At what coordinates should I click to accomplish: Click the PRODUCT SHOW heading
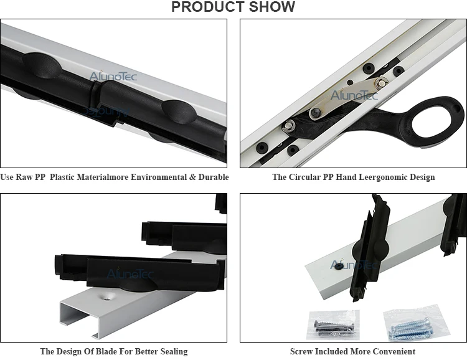(x=233, y=7)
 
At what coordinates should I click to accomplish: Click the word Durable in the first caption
(x=214, y=177)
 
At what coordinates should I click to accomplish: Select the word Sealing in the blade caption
(x=174, y=352)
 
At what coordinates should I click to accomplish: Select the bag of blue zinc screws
(x=415, y=323)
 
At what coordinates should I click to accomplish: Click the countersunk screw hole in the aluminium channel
(x=106, y=296)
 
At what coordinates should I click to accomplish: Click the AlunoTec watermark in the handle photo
(x=354, y=95)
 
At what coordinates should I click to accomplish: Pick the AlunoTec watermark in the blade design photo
(x=130, y=273)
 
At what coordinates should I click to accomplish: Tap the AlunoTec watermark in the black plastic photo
(x=113, y=76)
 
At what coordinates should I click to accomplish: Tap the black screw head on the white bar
(x=338, y=266)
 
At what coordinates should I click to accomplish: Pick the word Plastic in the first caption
(x=62, y=177)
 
